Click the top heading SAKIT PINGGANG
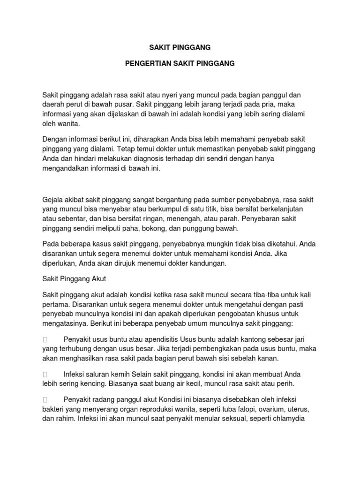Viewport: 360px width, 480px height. (180, 47)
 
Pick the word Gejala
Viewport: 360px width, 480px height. (54, 199)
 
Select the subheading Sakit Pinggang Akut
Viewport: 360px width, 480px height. (75, 279)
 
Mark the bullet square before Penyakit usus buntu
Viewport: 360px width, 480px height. (45, 339)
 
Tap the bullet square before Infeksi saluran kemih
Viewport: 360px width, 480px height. (45, 375)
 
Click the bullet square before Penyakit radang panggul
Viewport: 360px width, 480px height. (45, 400)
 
